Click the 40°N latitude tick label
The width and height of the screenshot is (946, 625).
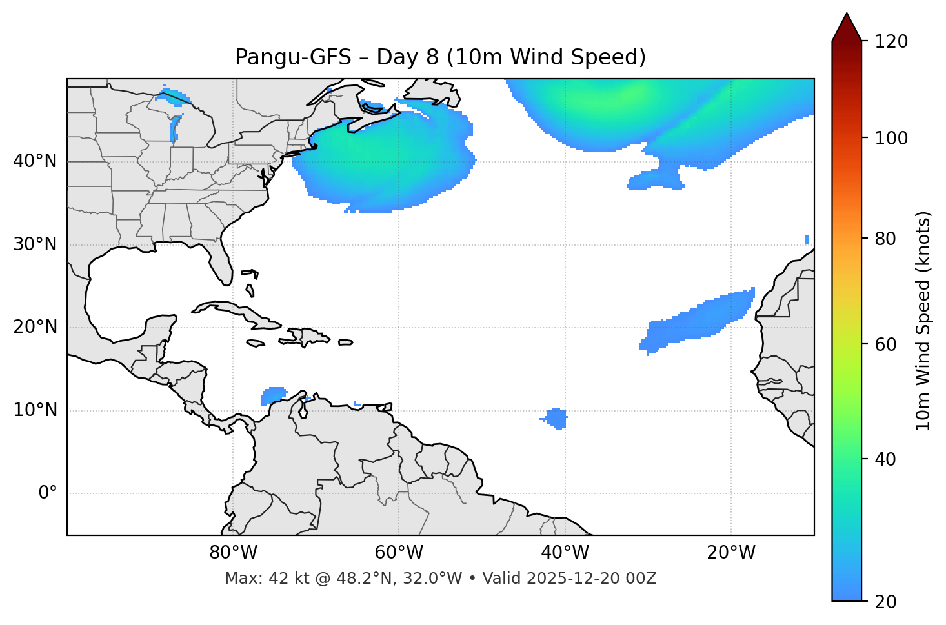coord(35,161)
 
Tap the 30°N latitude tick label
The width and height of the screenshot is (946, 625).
coord(35,244)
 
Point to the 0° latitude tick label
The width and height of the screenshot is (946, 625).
coord(48,493)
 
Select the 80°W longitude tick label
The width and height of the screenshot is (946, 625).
coord(233,553)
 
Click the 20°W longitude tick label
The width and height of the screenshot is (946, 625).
coord(731,553)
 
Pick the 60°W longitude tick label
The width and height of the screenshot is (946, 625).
coord(399,553)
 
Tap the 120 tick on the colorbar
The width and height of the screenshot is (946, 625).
coord(891,42)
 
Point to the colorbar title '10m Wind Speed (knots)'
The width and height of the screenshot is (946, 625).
coord(923,321)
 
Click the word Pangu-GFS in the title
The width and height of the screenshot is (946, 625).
coord(293,57)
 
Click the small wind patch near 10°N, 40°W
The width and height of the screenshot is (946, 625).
coord(556,418)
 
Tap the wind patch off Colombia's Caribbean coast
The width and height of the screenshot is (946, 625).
coord(274,395)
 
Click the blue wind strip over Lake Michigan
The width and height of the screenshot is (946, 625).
coord(174,128)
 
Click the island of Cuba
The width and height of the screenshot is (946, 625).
coord(236,312)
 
